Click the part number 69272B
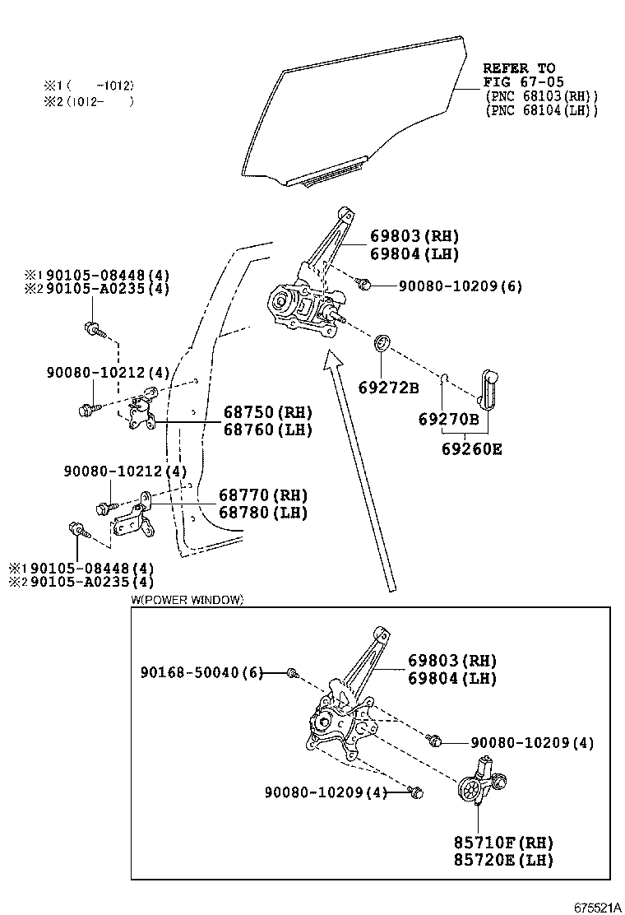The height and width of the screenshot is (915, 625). point(388,388)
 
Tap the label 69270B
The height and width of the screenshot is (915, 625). point(448,419)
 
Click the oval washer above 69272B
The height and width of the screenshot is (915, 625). point(382,342)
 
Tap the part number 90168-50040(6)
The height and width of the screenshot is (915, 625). point(201,673)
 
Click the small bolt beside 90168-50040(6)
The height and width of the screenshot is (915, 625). point(291,674)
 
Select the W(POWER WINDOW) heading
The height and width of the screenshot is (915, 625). point(187,600)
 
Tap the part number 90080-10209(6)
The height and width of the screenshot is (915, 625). point(460,286)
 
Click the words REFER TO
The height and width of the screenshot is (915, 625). point(518,68)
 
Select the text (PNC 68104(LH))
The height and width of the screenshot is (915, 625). point(541,110)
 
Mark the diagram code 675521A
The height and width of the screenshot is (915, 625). point(593,908)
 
